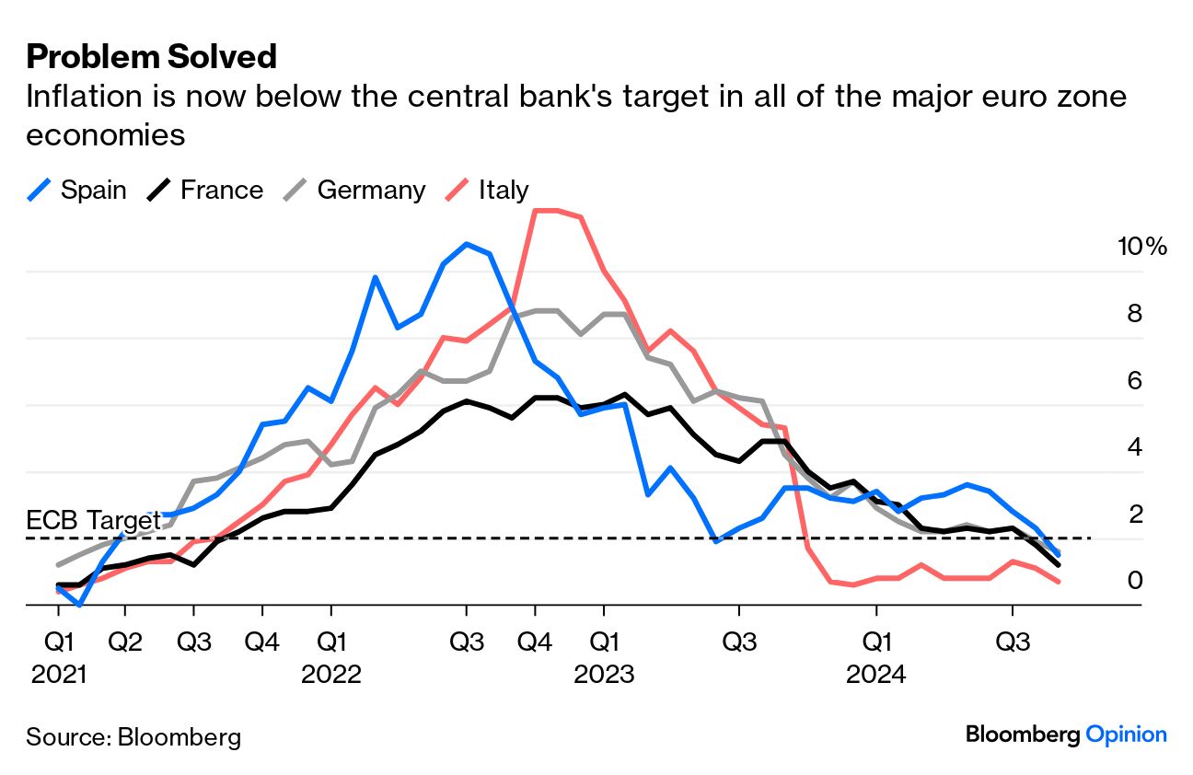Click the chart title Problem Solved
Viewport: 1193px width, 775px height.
[x=152, y=57]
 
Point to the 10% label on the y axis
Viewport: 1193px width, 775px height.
[x=1141, y=247]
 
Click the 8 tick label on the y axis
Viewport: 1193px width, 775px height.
[x=1135, y=314]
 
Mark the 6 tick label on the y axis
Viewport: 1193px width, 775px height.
[x=1135, y=380]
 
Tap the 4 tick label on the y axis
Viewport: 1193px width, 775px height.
[x=1135, y=447]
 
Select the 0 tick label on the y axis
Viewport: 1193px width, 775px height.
[x=1135, y=580]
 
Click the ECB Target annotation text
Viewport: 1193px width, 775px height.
[x=93, y=520]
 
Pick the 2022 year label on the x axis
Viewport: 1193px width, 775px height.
[x=330, y=674]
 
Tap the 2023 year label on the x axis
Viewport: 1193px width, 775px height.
[x=604, y=674]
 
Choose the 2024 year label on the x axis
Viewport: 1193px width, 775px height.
[x=876, y=674]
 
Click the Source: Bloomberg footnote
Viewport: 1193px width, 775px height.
[x=133, y=737]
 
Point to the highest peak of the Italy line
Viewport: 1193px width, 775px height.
[x=547, y=211]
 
